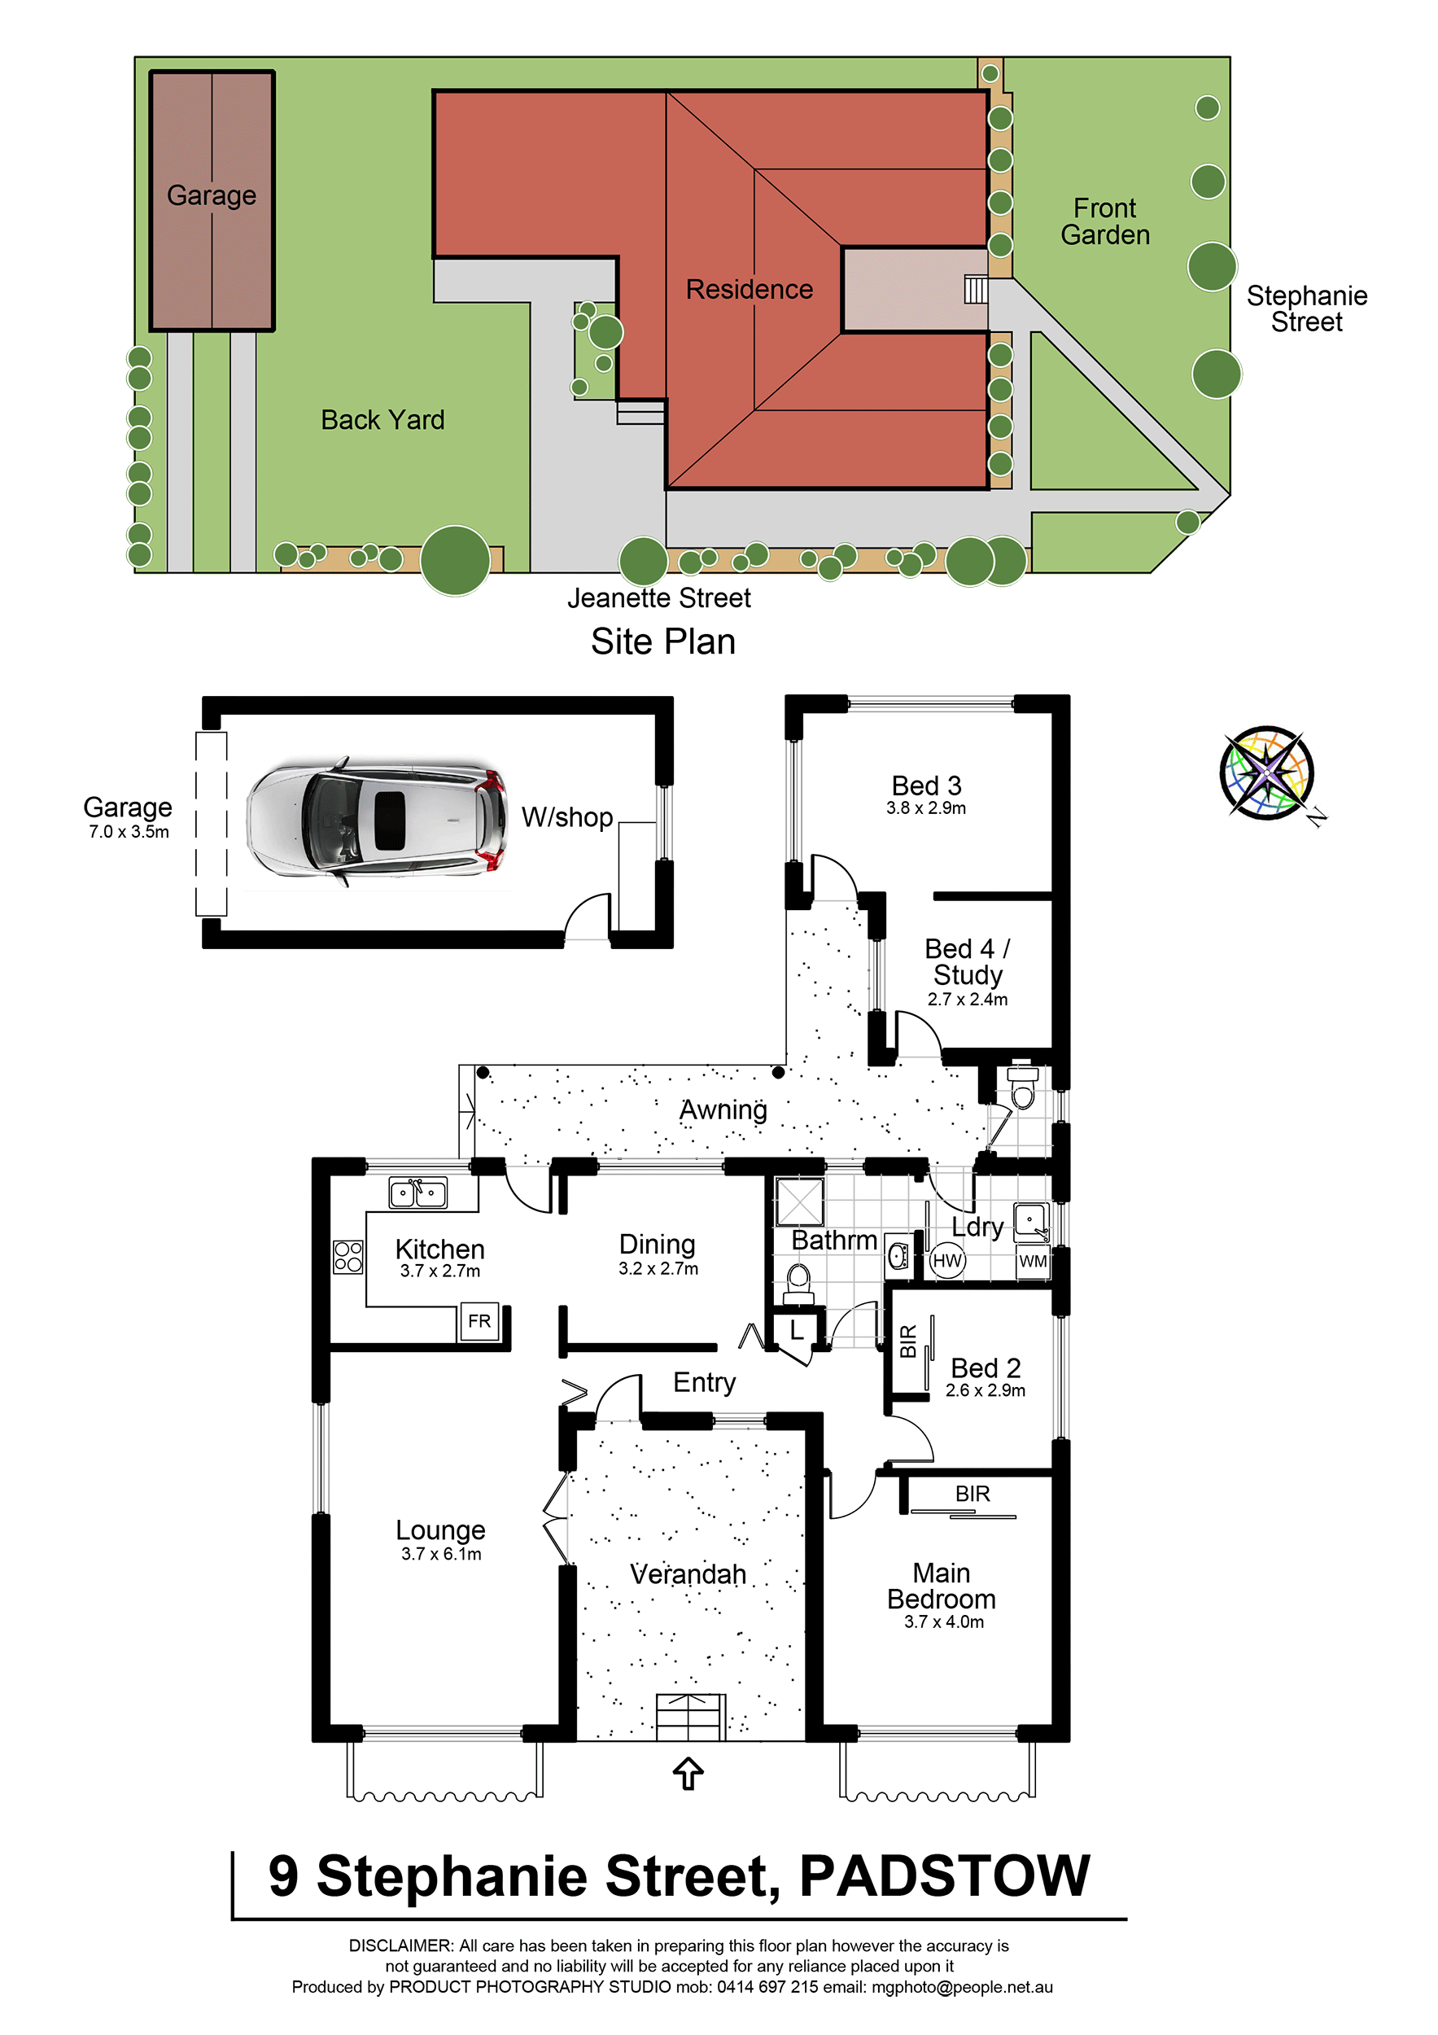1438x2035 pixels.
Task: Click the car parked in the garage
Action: tap(377, 819)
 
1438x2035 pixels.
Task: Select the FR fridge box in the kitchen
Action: tap(479, 1321)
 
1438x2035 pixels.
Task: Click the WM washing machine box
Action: tap(1032, 1261)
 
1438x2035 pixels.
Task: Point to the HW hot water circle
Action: tap(947, 1260)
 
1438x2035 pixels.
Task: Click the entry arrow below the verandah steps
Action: tap(688, 1774)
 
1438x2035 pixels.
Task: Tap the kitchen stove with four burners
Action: tap(348, 1257)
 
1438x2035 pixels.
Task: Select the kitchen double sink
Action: tap(418, 1193)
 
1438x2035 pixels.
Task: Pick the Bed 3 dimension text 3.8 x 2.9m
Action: tap(926, 808)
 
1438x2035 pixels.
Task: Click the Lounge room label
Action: tap(440, 1530)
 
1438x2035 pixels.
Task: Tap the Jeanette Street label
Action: tap(658, 598)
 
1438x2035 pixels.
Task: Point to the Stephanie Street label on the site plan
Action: tap(1307, 309)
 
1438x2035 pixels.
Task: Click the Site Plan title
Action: tap(662, 641)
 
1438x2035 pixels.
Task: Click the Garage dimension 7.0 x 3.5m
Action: tap(129, 832)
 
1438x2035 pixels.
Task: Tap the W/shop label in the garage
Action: tap(567, 817)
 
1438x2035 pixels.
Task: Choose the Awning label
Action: tap(723, 1109)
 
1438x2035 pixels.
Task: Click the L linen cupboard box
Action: tap(797, 1329)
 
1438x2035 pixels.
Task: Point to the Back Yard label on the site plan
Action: tap(382, 420)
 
